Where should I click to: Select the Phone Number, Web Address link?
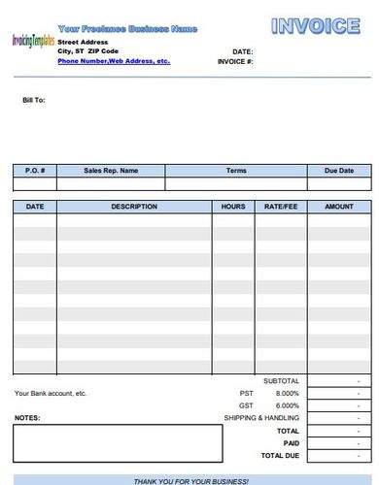point(114,60)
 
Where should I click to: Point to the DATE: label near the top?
point(243,50)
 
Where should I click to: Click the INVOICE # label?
point(236,61)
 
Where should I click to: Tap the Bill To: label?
point(34,99)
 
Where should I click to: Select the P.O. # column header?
point(34,171)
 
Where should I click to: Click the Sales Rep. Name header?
point(111,171)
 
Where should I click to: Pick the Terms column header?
point(236,171)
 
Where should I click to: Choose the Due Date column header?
point(340,171)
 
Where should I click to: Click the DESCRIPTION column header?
point(134,207)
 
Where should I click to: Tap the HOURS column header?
point(233,207)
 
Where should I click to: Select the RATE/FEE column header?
point(281,207)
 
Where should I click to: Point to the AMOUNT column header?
point(339,207)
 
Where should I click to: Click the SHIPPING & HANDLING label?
point(261,417)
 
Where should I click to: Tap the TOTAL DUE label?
point(279,455)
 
